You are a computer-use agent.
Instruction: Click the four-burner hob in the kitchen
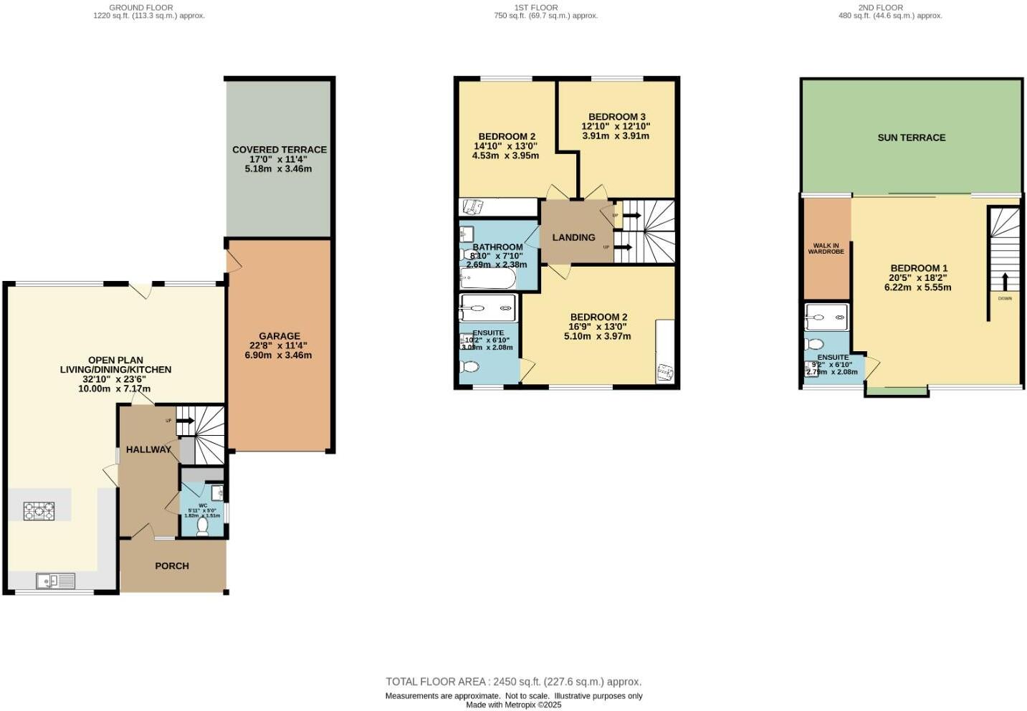click(39, 511)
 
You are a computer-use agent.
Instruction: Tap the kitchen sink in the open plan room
click(55, 581)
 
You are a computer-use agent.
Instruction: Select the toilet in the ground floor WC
click(202, 527)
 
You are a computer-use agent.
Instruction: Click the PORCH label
click(172, 566)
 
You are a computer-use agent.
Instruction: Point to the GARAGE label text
click(280, 335)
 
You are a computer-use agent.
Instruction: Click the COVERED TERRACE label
click(280, 149)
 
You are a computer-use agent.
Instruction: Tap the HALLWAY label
click(148, 449)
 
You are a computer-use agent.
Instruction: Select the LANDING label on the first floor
click(573, 237)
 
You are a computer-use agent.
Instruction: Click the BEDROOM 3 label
click(616, 116)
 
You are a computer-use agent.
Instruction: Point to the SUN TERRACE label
click(911, 137)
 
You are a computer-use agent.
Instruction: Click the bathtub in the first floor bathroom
click(487, 278)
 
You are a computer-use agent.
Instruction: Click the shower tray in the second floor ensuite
click(826, 317)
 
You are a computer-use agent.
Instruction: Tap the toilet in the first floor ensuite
click(470, 367)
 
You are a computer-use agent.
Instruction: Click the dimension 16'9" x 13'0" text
click(597, 326)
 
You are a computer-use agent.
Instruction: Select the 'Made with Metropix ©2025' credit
click(513, 705)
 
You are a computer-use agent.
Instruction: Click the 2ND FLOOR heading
click(880, 7)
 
